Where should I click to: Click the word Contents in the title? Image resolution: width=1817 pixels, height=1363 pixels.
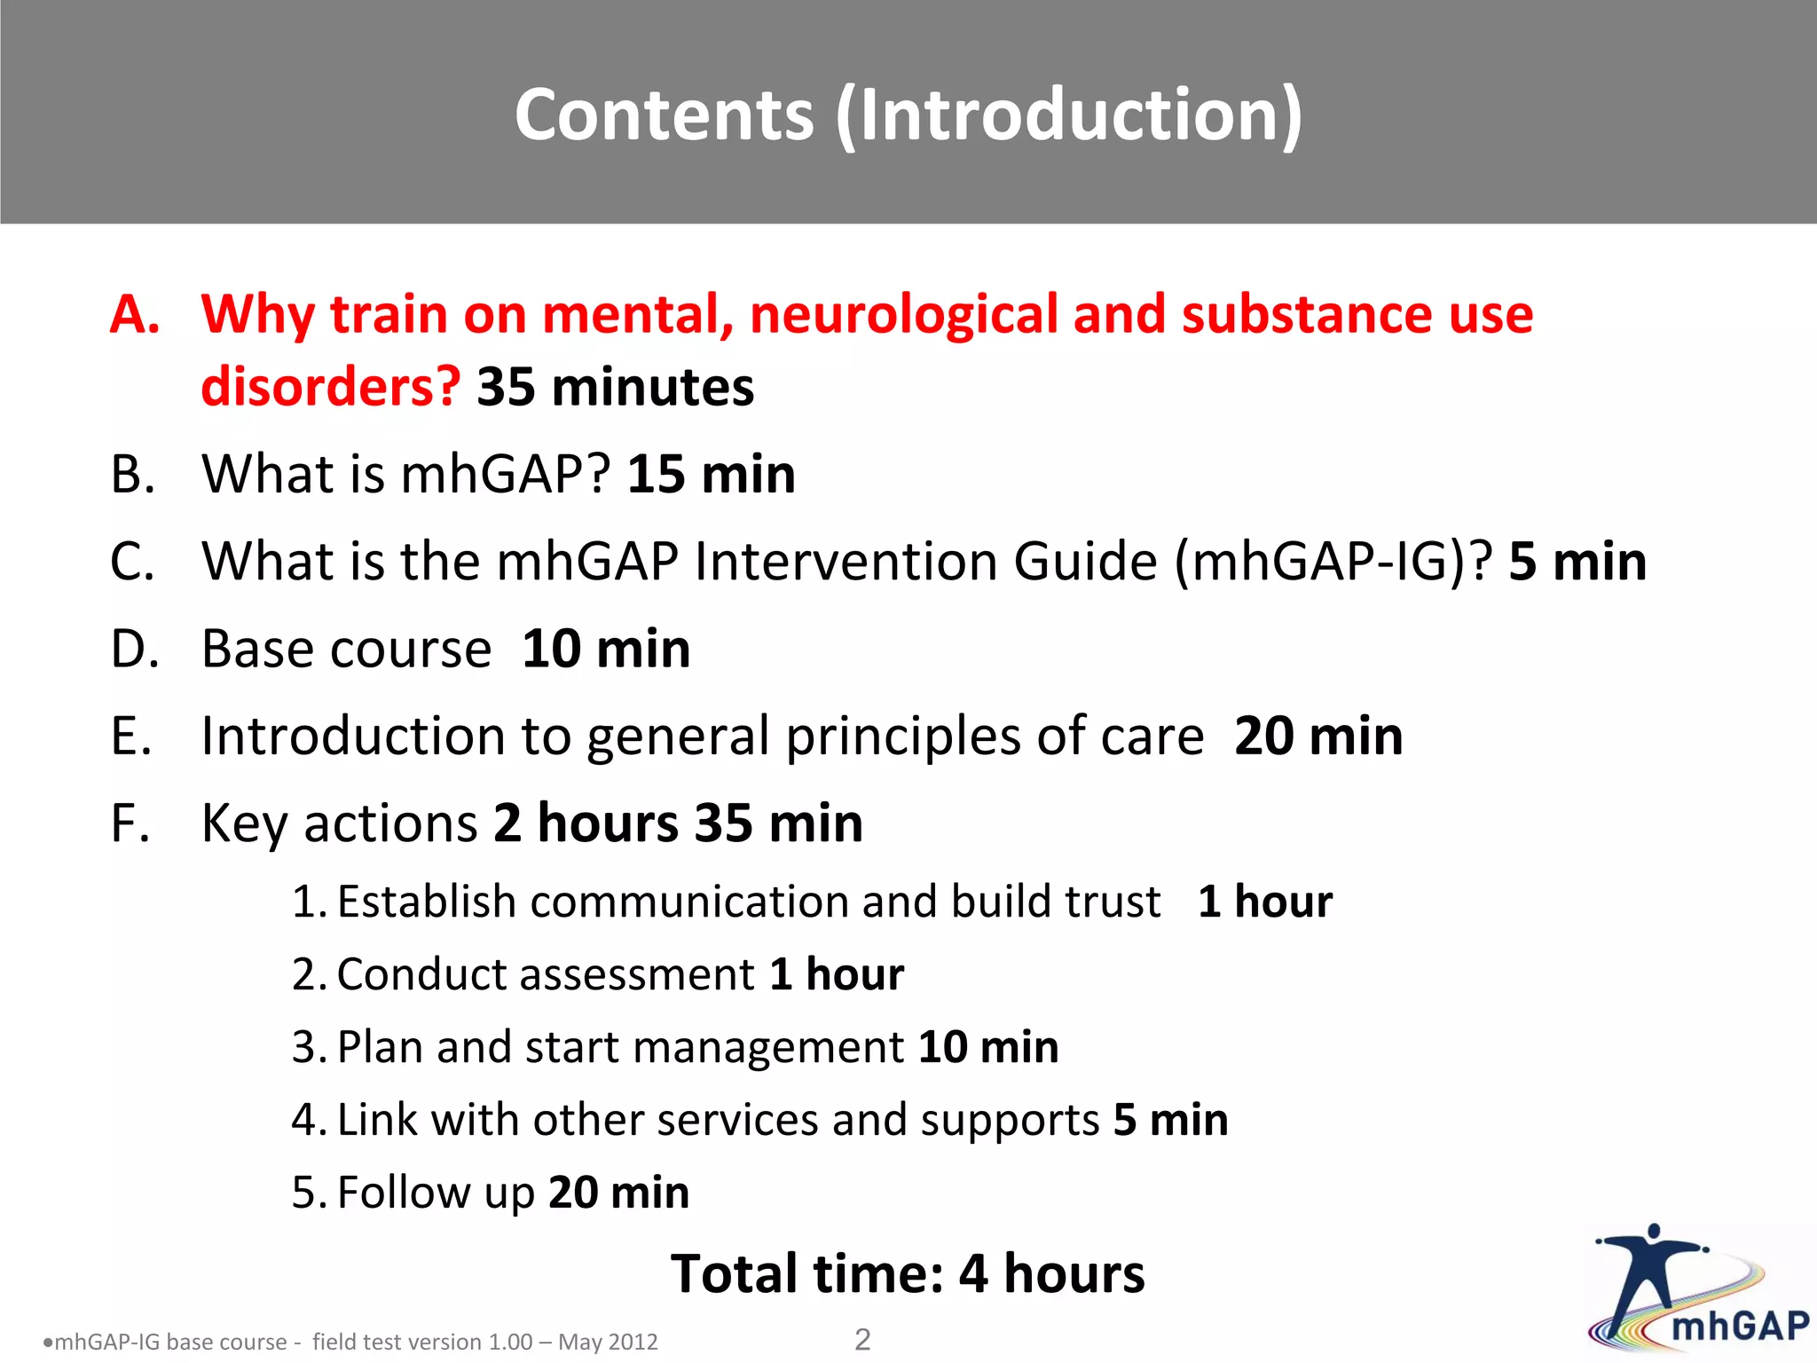[664, 115]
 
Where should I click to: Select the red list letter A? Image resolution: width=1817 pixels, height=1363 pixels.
[135, 314]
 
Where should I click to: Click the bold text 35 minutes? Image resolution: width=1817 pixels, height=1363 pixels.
[615, 388]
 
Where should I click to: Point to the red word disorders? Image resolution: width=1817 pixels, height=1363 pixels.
[330, 388]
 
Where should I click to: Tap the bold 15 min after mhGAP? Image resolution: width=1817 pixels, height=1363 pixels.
[711, 474]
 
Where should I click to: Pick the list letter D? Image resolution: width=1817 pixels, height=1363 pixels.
[135, 649]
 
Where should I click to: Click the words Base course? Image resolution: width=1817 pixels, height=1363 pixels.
[346, 649]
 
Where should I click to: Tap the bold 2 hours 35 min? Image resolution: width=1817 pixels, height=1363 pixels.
[678, 823]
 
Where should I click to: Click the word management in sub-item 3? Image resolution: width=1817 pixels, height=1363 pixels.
[767, 1047]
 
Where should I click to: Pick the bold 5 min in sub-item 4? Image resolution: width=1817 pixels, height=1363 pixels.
[1170, 1120]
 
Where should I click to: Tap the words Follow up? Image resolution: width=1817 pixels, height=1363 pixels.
[436, 1193]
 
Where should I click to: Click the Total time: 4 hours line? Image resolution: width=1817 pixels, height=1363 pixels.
[907, 1274]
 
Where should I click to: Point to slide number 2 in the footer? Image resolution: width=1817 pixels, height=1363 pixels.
[861, 1339]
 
